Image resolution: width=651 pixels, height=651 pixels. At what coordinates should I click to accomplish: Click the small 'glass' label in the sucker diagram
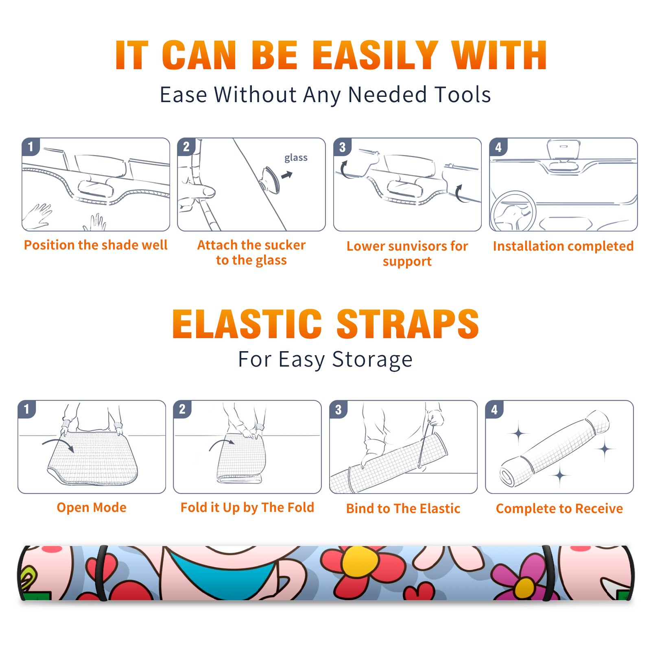296,158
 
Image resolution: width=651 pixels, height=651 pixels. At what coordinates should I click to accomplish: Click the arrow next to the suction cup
287,175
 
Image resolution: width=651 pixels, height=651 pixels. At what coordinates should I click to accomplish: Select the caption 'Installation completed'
563,246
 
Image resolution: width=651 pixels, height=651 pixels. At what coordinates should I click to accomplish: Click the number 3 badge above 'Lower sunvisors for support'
342,147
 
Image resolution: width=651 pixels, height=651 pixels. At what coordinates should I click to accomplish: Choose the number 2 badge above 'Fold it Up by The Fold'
182,409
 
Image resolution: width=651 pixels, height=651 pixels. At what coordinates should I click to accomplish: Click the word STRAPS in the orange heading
408,324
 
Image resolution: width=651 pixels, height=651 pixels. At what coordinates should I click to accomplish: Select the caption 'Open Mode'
92,507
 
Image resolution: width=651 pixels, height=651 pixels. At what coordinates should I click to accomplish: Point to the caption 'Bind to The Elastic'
403,508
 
